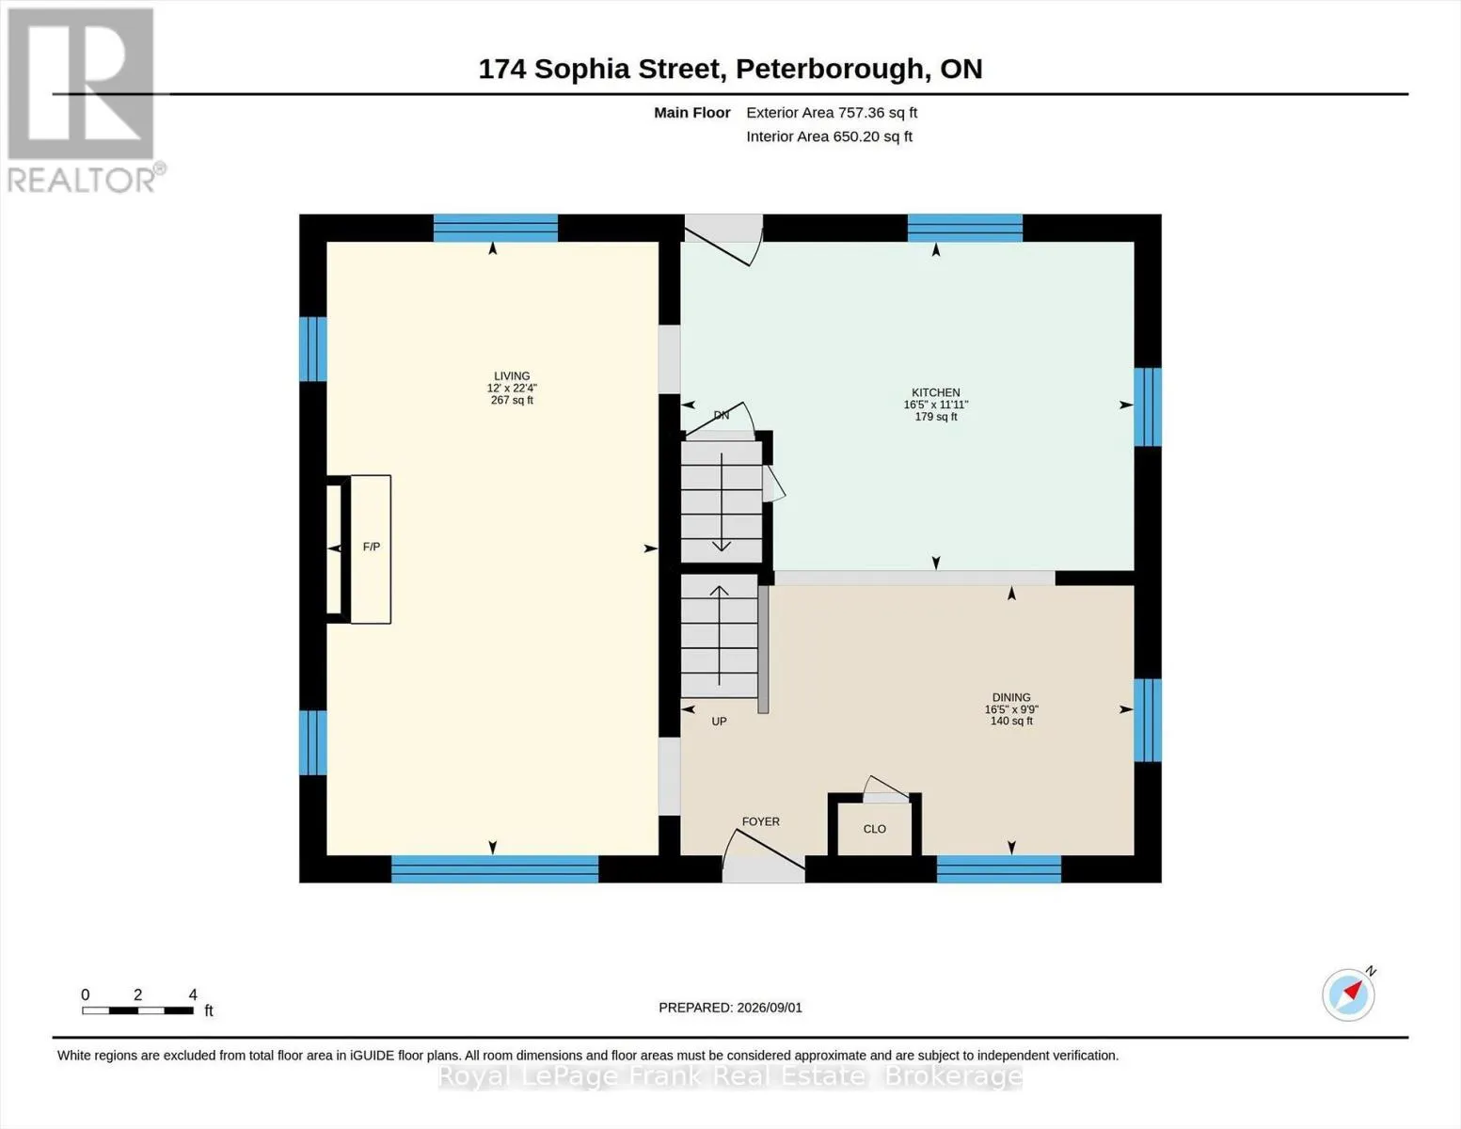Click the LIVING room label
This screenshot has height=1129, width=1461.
point(512,376)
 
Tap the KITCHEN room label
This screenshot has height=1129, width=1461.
point(935,392)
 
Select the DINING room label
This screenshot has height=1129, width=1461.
point(1011,697)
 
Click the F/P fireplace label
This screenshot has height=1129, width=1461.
point(372,547)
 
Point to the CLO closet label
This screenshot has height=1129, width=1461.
point(874,829)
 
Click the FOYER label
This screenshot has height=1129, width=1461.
point(760,821)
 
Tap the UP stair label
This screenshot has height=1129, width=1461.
point(719,722)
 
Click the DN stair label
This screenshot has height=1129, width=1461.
point(721,416)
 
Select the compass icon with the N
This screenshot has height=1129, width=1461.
point(1349,994)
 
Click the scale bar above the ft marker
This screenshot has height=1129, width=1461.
point(138,1010)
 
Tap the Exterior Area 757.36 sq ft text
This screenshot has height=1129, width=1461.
point(832,113)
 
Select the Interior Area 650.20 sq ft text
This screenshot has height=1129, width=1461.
point(829,136)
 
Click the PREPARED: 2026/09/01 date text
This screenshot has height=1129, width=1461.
point(730,1008)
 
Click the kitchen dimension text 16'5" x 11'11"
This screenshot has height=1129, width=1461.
point(935,405)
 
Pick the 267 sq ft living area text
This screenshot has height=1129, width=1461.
point(512,400)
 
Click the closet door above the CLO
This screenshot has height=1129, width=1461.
point(886,789)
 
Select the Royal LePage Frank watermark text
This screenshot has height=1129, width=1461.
point(730,1076)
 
